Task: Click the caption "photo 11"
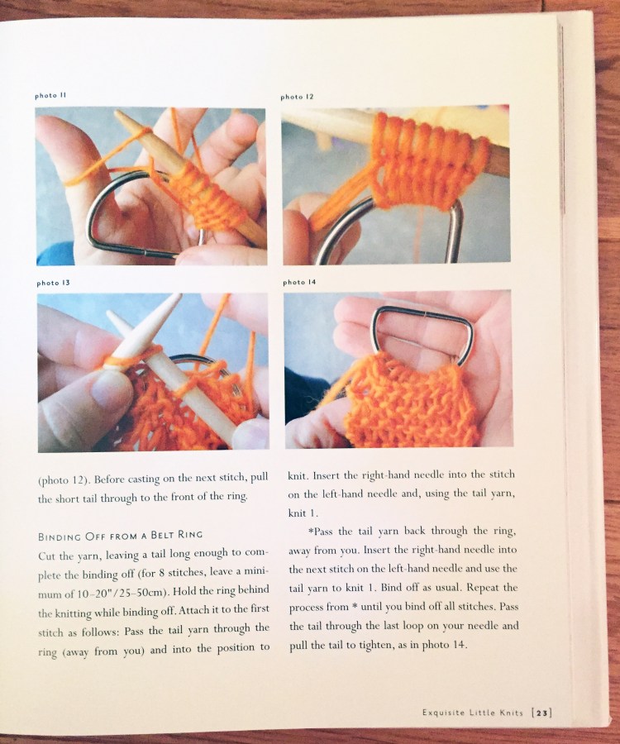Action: coord(50,95)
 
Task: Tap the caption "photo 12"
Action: coord(297,97)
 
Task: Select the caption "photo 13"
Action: coord(53,283)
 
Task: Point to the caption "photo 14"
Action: coord(299,283)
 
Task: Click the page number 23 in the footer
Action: coord(542,713)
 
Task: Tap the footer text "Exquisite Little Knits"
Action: coord(473,713)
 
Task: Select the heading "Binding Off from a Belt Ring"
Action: coord(120,536)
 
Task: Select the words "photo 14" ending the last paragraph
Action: coord(445,645)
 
